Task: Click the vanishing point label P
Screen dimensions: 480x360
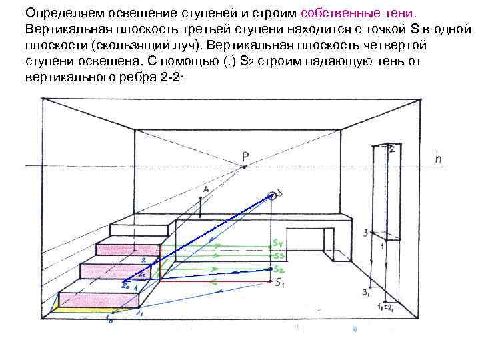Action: click(x=245, y=157)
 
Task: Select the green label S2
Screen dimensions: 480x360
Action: click(x=279, y=269)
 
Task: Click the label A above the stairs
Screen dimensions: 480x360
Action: click(x=205, y=189)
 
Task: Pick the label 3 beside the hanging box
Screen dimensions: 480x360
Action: click(x=365, y=233)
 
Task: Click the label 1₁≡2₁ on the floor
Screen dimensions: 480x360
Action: click(x=385, y=307)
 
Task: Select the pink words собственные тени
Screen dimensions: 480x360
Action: click(x=360, y=13)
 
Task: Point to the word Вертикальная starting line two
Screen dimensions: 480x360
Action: click(x=67, y=30)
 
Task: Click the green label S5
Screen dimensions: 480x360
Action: click(x=279, y=257)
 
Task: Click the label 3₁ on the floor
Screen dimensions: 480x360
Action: click(x=365, y=293)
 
